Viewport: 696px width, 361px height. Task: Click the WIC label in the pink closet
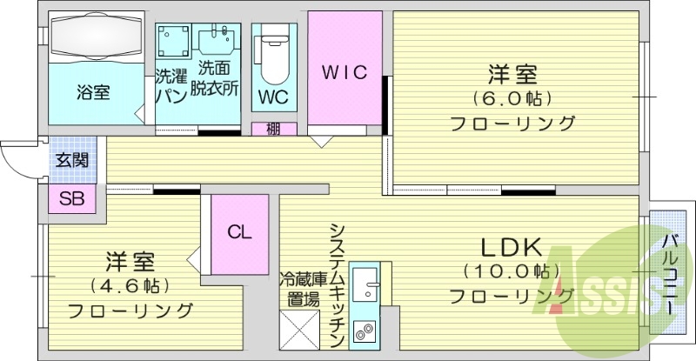pyautogui.click(x=345, y=71)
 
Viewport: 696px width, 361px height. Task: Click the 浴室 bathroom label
pyautogui.click(x=93, y=91)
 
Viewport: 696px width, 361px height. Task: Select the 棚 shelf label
pyautogui.click(x=273, y=130)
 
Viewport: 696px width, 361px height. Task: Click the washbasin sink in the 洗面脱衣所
pyautogui.click(x=217, y=40)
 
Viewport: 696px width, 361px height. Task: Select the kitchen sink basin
pyautogui.click(x=366, y=282)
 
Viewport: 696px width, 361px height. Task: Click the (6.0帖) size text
pyautogui.click(x=512, y=97)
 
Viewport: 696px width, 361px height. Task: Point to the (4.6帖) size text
pyautogui.click(x=129, y=285)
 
